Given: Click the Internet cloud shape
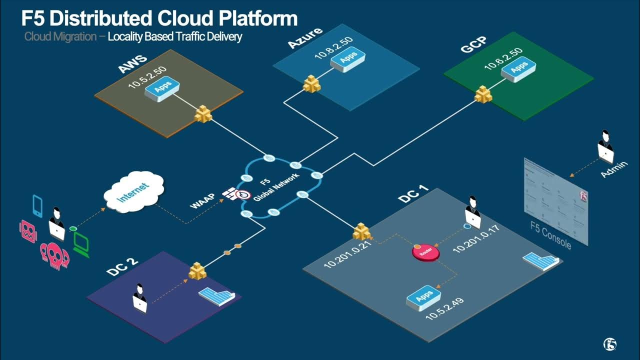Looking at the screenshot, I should (x=133, y=192).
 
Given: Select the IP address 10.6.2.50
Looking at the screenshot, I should (x=503, y=58).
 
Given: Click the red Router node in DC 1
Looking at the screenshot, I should (x=425, y=252).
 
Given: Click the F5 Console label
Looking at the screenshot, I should (x=550, y=235).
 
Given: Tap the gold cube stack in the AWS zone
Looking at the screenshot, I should (x=203, y=114).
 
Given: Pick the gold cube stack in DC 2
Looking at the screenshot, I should (x=197, y=271).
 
